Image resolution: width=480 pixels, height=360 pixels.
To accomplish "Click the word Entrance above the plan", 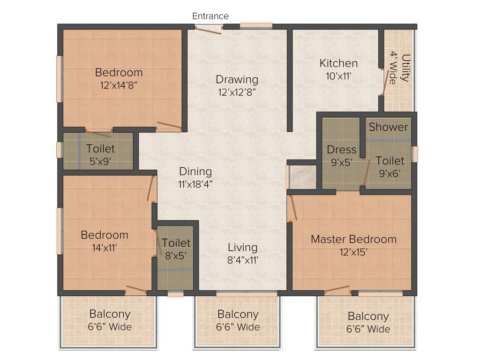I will point(210,16).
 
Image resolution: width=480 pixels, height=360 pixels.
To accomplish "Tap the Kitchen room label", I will point(338,63).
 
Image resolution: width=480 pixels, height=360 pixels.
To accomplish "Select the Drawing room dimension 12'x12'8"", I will point(237,92).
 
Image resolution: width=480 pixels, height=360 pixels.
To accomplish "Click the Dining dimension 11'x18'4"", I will point(195,184).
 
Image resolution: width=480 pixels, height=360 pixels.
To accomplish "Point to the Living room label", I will point(242,247).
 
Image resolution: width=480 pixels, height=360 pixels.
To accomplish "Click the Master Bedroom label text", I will point(353,240).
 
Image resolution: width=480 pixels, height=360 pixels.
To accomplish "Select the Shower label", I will point(388,127).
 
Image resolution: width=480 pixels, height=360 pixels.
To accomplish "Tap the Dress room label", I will point(342,150).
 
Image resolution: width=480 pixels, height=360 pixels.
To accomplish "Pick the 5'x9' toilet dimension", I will point(100,161).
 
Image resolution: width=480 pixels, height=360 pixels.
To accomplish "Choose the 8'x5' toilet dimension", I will point(176,255).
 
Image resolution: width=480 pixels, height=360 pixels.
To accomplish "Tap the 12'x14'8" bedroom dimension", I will point(119,85).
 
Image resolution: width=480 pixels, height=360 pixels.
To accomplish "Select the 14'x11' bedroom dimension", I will point(104,247).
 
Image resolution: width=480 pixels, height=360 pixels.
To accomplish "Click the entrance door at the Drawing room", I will point(208,30).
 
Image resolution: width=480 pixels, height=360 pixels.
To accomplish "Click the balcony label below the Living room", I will point(238,315).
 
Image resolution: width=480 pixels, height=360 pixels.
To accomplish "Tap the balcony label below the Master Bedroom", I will point(368,316).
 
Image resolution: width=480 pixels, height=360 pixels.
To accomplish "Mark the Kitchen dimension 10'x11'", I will point(338,75).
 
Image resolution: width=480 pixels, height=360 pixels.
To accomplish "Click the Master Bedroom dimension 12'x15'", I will point(353,252).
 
